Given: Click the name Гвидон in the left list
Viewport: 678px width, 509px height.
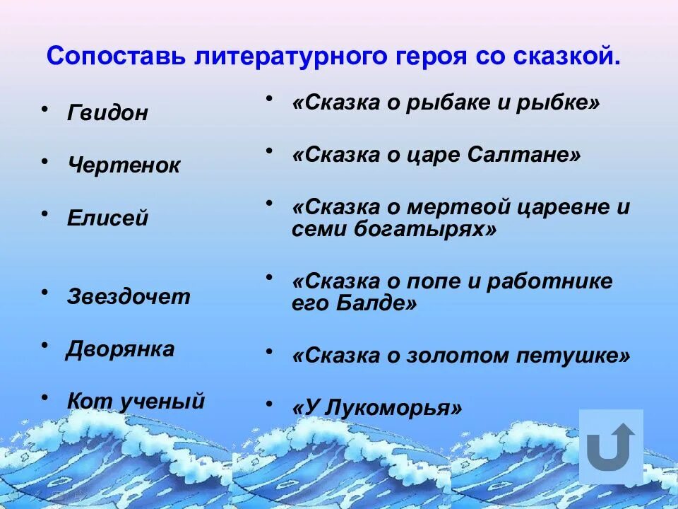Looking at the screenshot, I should [x=107, y=113].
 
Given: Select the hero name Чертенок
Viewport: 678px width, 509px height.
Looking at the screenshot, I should [x=124, y=166].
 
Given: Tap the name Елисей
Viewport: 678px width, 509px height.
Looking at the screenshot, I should [x=107, y=218].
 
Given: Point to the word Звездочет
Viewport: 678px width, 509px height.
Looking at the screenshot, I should [x=129, y=296].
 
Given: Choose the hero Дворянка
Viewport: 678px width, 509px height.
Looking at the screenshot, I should [x=120, y=349].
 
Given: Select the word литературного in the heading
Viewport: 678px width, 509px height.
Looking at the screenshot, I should [x=285, y=56].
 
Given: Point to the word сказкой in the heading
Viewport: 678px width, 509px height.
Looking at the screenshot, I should [x=566, y=56].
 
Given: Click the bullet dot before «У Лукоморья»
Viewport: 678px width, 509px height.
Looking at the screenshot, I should [x=269, y=404].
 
